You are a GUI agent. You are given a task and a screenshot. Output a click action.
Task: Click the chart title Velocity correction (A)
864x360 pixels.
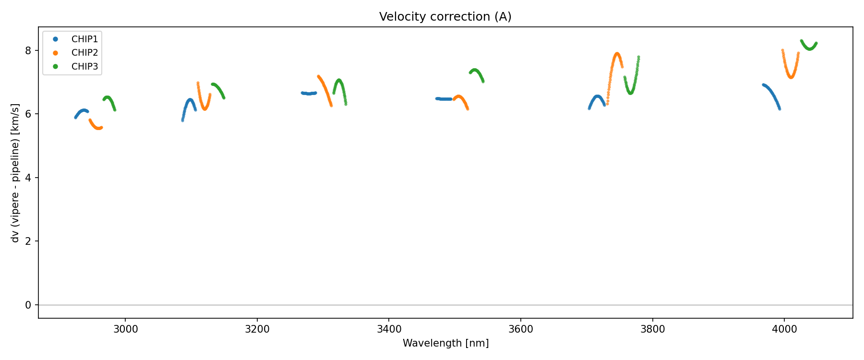coord(445,17)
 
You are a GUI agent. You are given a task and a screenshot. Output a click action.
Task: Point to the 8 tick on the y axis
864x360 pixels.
coord(28,50)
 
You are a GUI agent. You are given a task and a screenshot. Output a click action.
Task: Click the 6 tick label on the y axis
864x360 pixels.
coord(28,114)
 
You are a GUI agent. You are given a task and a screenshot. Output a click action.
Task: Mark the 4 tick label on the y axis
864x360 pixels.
coord(28,178)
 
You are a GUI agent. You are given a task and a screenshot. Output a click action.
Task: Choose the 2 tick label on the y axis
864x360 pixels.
coord(28,241)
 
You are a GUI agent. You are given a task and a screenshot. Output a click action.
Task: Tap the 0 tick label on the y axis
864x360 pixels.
coord(28,305)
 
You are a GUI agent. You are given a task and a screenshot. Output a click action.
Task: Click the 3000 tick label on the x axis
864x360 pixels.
coord(125,329)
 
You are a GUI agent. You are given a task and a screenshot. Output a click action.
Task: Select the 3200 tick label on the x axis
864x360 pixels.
coord(257,329)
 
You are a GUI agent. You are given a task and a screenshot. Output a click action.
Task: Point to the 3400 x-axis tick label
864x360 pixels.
coord(389,329)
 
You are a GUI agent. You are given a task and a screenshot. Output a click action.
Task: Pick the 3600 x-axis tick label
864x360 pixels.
coord(521,329)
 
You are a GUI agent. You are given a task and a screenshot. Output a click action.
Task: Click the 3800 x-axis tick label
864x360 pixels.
coord(653,329)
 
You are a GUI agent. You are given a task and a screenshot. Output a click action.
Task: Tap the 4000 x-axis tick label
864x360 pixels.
coord(784,329)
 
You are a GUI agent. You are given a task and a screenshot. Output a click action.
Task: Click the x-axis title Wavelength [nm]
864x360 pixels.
coord(445,343)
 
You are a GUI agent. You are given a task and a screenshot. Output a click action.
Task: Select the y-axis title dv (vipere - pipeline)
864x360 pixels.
coord(15,173)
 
